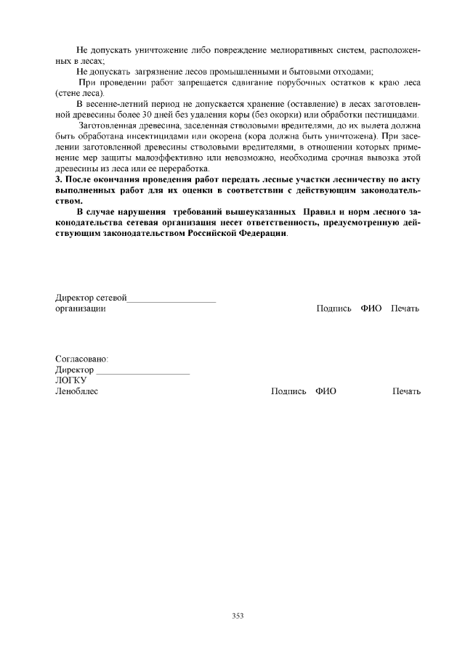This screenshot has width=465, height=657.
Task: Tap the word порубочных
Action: coord(302,83)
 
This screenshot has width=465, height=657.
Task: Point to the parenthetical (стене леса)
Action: coord(80,94)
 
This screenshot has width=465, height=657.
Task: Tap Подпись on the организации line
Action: coord(334,309)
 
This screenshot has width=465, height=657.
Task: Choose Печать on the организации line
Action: coord(405,309)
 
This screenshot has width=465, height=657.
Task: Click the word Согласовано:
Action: coord(82,359)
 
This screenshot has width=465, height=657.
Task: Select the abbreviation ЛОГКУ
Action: coord(71,380)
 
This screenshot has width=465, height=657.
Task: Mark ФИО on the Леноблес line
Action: coord(325,391)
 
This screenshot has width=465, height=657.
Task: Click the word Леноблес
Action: coord(77,391)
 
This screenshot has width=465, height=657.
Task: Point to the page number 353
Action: coord(238,616)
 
